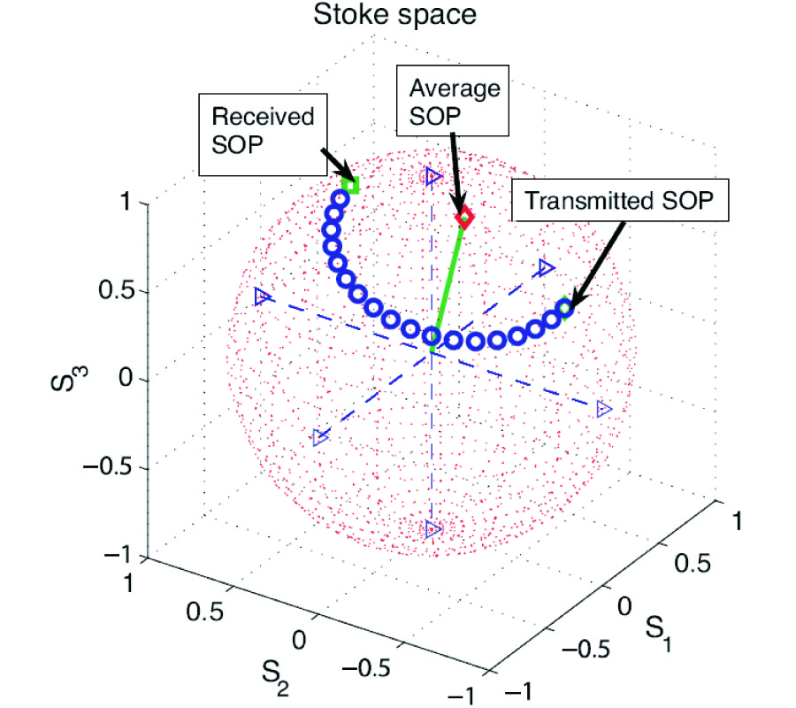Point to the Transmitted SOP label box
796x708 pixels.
[622, 203]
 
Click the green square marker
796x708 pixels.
[353, 186]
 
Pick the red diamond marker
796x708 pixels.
[463, 217]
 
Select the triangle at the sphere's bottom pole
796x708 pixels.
[432, 529]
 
